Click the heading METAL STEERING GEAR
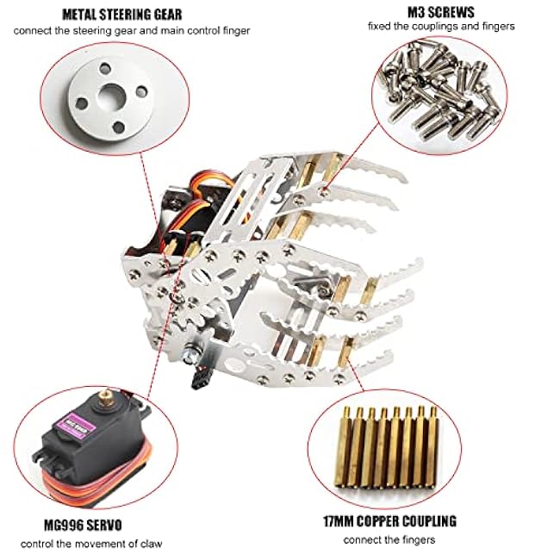122,15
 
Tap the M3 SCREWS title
441,12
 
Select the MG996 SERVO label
83,525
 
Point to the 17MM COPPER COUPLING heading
390,521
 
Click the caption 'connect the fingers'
389,539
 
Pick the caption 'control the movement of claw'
91,544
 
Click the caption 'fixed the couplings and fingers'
441,27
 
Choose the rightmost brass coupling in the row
432,447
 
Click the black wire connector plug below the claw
199,379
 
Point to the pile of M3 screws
440,90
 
